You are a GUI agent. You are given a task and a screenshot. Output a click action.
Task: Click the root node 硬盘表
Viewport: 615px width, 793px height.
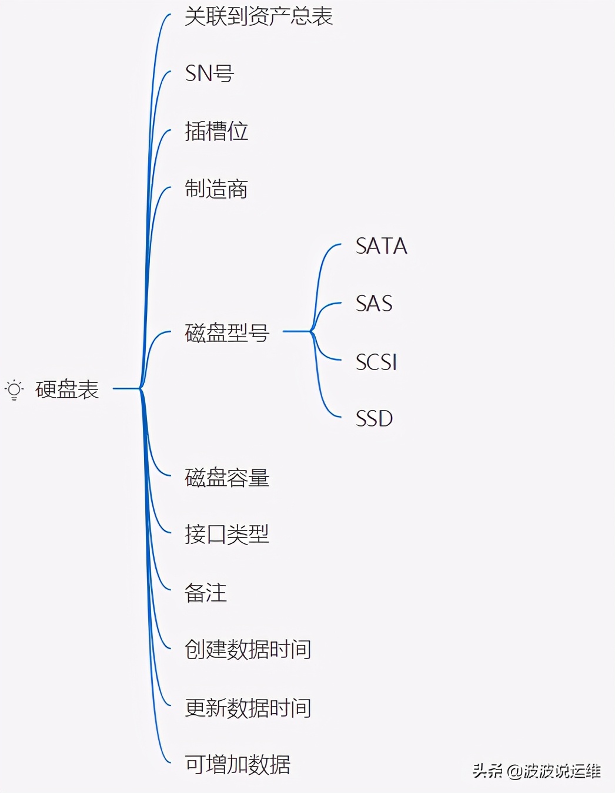click(x=67, y=389)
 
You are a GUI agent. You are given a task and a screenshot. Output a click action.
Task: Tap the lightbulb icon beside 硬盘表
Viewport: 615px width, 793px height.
click(x=14, y=389)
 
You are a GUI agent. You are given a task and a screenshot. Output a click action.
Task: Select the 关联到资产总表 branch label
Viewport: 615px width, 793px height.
click(x=258, y=16)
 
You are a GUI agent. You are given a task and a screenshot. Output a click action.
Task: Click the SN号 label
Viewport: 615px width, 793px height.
click(x=209, y=73)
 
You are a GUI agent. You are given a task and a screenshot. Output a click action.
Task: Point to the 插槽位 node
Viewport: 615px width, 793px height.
click(x=216, y=131)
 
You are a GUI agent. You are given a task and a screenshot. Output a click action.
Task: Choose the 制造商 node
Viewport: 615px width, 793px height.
click(x=216, y=189)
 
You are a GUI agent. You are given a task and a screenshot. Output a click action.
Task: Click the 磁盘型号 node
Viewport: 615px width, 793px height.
click(x=227, y=332)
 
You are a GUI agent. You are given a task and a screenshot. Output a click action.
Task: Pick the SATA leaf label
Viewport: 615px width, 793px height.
click(x=381, y=246)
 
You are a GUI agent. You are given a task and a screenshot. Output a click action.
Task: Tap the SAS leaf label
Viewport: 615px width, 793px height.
click(x=373, y=304)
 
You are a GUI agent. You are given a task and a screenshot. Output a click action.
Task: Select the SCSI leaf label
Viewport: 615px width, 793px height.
click(x=376, y=362)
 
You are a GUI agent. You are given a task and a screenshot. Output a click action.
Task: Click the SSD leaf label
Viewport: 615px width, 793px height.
click(x=374, y=419)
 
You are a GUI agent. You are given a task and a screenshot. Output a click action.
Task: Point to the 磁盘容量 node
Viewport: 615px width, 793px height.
click(x=227, y=478)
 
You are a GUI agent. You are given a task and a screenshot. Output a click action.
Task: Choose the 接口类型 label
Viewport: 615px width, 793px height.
click(x=226, y=535)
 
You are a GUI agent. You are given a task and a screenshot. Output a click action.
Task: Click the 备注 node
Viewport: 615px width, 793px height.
click(x=205, y=593)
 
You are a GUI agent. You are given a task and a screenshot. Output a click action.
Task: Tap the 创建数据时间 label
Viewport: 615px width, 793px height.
click(x=248, y=650)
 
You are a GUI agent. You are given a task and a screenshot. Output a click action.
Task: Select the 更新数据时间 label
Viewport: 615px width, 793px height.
click(x=248, y=708)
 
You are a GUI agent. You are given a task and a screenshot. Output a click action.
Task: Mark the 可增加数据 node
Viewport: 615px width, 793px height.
click(x=237, y=765)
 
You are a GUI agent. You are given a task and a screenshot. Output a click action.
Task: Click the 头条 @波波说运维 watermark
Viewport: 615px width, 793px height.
click(x=536, y=771)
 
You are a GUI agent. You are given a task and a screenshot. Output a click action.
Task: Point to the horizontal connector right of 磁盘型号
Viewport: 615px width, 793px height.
click(x=296, y=331)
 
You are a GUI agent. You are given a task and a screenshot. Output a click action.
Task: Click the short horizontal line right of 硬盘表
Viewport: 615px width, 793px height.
click(x=126, y=388)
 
